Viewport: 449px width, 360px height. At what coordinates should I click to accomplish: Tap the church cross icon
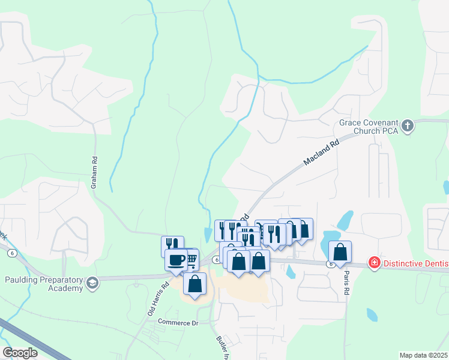click(x=408, y=126)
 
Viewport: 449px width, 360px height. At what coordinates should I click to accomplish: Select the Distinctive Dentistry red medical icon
click(x=374, y=263)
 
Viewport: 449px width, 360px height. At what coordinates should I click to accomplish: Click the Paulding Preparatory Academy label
click(x=43, y=283)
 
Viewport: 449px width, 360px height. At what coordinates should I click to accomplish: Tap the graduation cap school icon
click(x=92, y=283)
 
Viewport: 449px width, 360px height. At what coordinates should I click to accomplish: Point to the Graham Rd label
click(x=94, y=173)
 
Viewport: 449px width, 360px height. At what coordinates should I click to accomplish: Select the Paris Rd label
click(x=346, y=281)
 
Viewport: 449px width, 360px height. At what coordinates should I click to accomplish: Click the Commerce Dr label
click(x=178, y=323)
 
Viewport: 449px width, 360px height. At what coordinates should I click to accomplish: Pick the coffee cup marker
click(x=176, y=260)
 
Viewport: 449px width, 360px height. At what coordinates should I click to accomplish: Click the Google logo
click(x=20, y=353)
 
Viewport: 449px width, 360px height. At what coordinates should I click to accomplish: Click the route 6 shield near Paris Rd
click(x=330, y=263)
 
